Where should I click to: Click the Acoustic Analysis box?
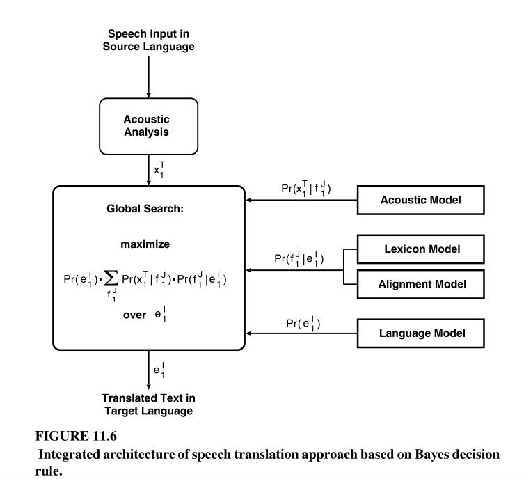(x=148, y=125)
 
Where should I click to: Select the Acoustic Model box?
(x=421, y=201)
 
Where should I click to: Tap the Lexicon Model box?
(x=421, y=248)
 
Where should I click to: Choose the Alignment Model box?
(x=421, y=283)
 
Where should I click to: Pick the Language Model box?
(x=421, y=333)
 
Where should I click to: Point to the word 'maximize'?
(x=148, y=245)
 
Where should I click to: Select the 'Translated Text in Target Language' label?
(x=148, y=405)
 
